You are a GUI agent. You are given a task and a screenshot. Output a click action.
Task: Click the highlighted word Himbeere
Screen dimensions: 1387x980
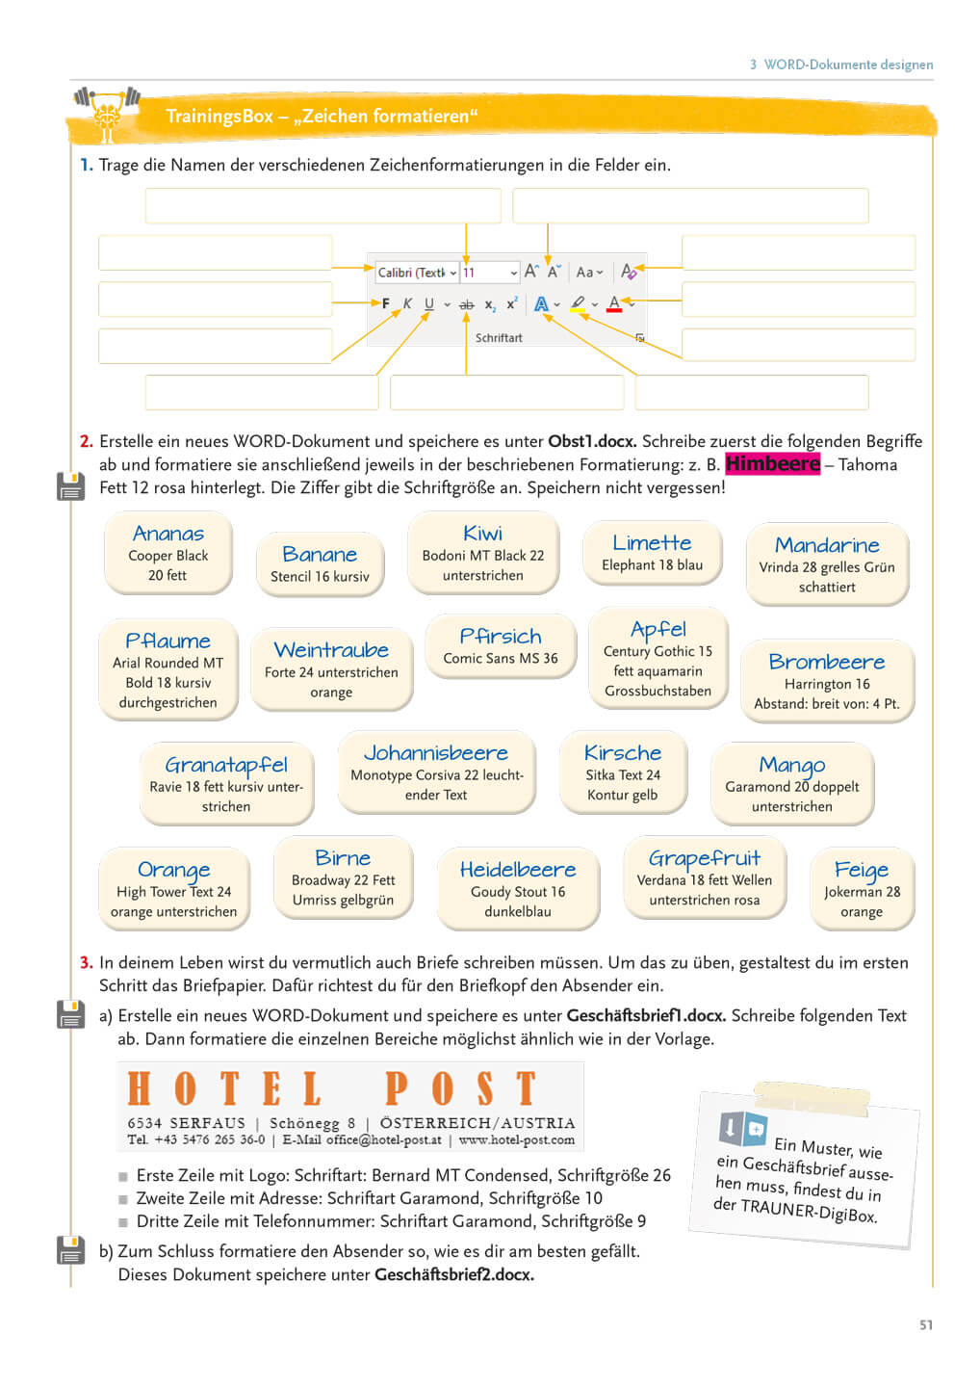click(x=772, y=464)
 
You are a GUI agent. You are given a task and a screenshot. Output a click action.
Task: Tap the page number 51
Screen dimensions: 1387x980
click(x=925, y=1325)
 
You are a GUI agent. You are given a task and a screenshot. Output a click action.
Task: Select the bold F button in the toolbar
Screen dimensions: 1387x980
click(x=386, y=303)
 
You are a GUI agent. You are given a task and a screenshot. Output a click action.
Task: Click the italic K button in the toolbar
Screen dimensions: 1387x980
click(x=407, y=303)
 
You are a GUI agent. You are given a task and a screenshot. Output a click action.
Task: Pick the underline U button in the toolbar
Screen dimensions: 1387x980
click(x=429, y=303)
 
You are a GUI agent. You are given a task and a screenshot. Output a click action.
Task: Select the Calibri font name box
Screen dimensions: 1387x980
click(x=412, y=273)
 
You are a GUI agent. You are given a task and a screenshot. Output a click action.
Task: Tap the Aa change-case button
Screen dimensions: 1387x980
click(x=587, y=273)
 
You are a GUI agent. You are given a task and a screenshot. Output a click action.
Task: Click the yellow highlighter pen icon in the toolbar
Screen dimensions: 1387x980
click(x=578, y=303)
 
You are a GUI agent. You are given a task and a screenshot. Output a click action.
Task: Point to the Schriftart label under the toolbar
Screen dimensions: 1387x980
click(x=499, y=338)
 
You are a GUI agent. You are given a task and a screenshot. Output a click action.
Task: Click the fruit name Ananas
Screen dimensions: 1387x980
click(x=168, y=534)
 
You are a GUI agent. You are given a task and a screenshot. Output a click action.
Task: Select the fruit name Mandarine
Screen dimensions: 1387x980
click(x=827, y=545)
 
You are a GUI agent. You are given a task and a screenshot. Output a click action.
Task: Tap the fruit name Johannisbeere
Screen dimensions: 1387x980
click(x=436, y=753)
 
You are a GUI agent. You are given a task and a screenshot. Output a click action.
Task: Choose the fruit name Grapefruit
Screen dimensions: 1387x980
click(x=704, y=858)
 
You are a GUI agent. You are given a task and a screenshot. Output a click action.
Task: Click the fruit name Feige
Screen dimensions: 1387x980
click(x=862, y=871)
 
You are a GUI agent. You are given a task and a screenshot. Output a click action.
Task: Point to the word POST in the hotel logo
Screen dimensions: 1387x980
click(x=460, y=1088)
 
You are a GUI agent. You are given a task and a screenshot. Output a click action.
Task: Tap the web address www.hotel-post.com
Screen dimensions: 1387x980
click(x=517, y=1140)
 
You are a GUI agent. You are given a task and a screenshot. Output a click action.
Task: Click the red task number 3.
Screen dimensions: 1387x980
click(x=86, y=962)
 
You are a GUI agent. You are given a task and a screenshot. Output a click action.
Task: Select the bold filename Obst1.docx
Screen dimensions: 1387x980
click(x=591, y=441)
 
